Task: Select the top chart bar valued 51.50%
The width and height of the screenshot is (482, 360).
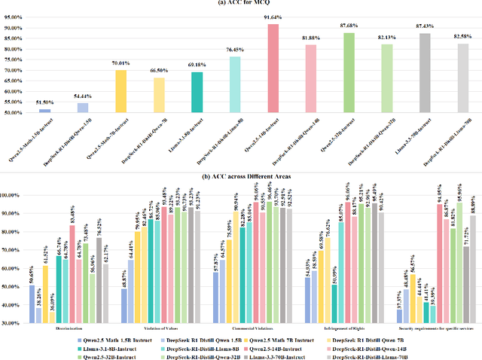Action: pos(45,111)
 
